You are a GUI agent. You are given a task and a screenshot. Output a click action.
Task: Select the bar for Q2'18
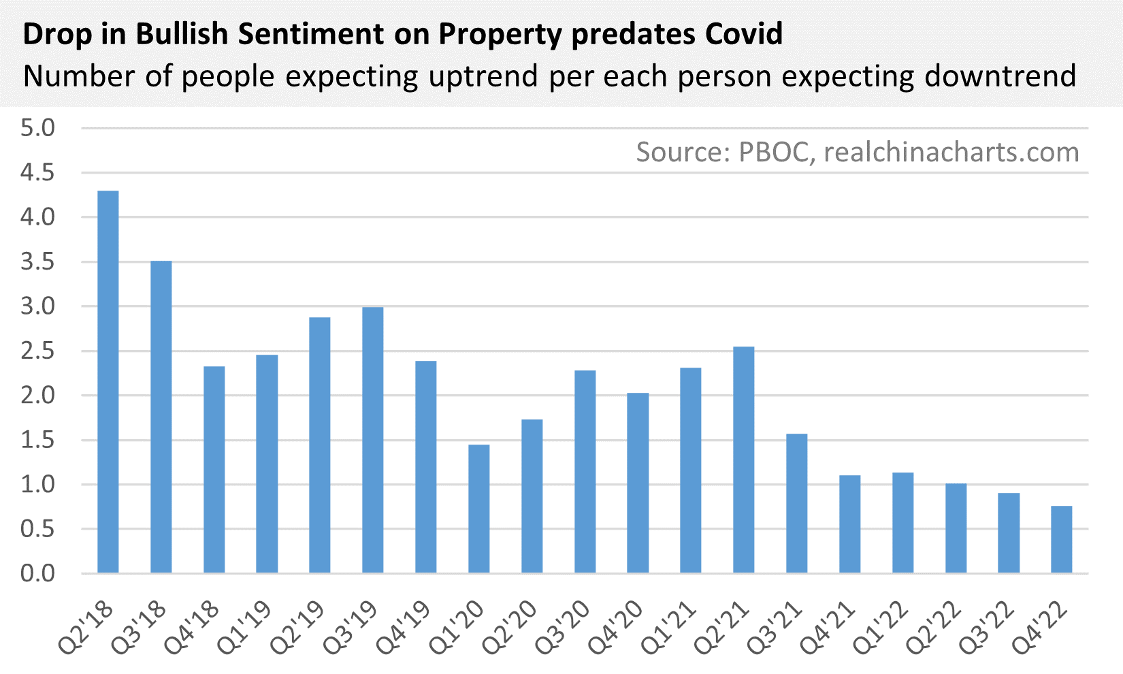click(x=108, y=381)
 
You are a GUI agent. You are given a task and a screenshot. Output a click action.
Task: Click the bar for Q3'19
click(x=373, y=440)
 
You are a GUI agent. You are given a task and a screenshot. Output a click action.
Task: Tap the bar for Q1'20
click(x=478, y=509)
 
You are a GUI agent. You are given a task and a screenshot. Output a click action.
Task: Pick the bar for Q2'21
click(x=744, y=460)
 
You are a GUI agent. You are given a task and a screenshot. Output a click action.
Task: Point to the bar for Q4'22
click(x=1061, y=539)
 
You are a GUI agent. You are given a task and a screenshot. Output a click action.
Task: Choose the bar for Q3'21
click(x=796, y=503)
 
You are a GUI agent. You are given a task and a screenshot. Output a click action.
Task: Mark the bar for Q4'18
click(x=214, y=470)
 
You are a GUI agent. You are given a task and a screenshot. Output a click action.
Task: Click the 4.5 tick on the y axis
click(x=37, y=173)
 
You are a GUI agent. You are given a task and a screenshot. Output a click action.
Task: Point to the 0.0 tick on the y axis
click(x=37, y=573)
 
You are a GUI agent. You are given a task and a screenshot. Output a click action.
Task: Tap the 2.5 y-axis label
click(x=37, y=351)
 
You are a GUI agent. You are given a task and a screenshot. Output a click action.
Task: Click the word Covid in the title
click(x=744, y=33)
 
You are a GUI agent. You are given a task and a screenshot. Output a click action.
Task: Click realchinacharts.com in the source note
click(x=951, y=152)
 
